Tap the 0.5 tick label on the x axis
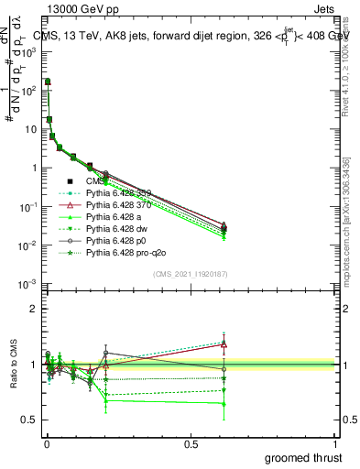tap(191, 442)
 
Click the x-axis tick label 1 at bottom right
tap(335, 442)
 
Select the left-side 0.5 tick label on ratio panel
tap(29, 420)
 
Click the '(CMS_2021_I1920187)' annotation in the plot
tap(190, 274)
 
